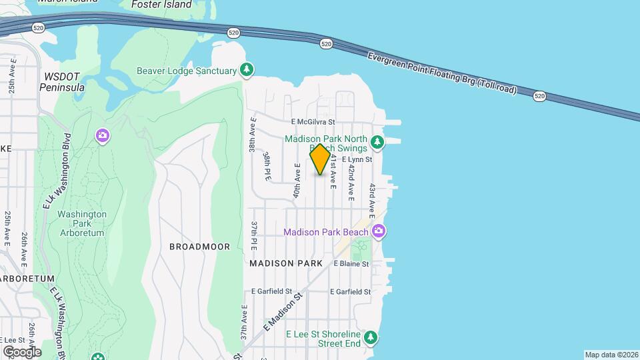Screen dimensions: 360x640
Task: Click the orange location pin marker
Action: click(x=320, y=159)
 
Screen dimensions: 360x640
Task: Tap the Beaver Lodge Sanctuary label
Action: click(x=187, y=71)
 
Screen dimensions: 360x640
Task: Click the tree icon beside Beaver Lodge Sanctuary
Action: click(x=247, y=69)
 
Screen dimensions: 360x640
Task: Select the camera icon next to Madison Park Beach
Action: click(x=379, y=231)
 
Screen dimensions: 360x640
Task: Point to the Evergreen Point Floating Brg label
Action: click(x=442, y=73)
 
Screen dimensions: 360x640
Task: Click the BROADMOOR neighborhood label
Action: click(x=199, y=247)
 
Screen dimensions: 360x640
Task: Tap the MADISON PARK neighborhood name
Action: click(x=286, y=263)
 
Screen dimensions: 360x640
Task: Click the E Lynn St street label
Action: click(x=356, y=159)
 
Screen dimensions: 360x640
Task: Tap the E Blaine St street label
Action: click(x=351, y=264)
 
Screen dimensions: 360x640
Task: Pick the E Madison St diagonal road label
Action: click(x=283, y=312)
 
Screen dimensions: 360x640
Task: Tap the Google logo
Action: click(x=21, y=351)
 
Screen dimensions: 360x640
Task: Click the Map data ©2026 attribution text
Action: click(x=611, y=355)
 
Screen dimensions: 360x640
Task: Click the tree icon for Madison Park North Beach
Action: click(x=377, y=141)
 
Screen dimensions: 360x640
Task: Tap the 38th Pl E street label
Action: click(x=267, y=165)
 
